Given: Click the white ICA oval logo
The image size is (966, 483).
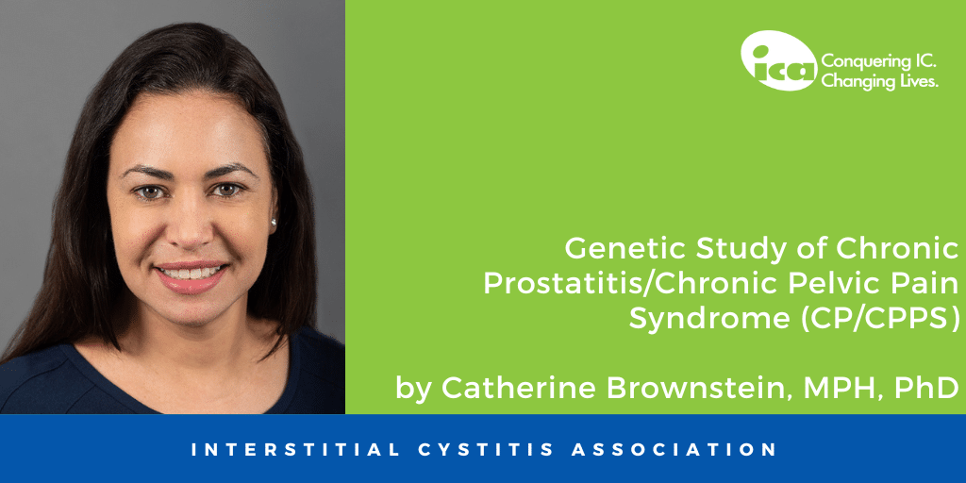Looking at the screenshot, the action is click(x=778, y=59).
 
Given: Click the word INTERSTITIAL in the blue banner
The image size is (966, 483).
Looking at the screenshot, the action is click(x=295, y=449).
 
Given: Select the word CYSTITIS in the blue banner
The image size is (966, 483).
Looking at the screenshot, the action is click(x=486, y=449).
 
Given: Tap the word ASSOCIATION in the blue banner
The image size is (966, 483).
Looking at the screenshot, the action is click(x=674, y=449).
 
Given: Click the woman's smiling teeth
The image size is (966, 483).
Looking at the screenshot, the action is click(x=191, y=272).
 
